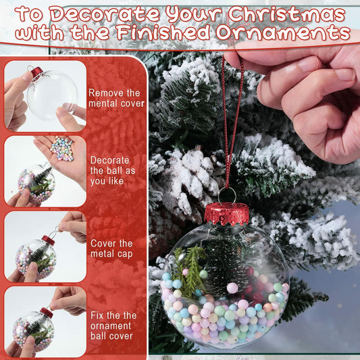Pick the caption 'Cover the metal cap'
click(x=112, y=248)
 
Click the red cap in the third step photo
click(x=48, y=240)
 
